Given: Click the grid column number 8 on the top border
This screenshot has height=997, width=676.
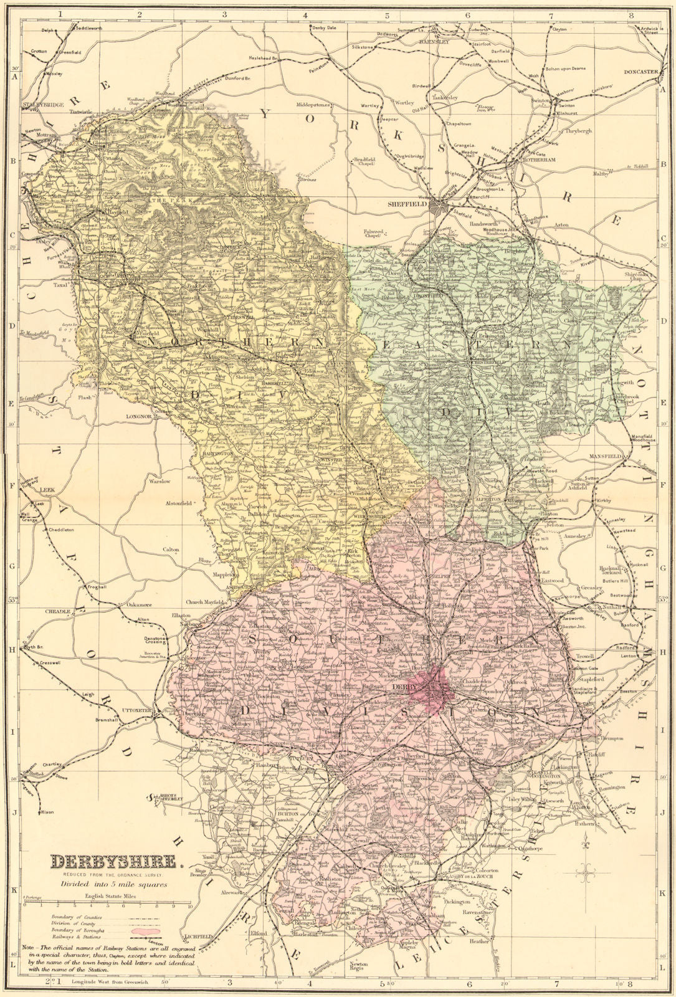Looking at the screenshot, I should (631, 15).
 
